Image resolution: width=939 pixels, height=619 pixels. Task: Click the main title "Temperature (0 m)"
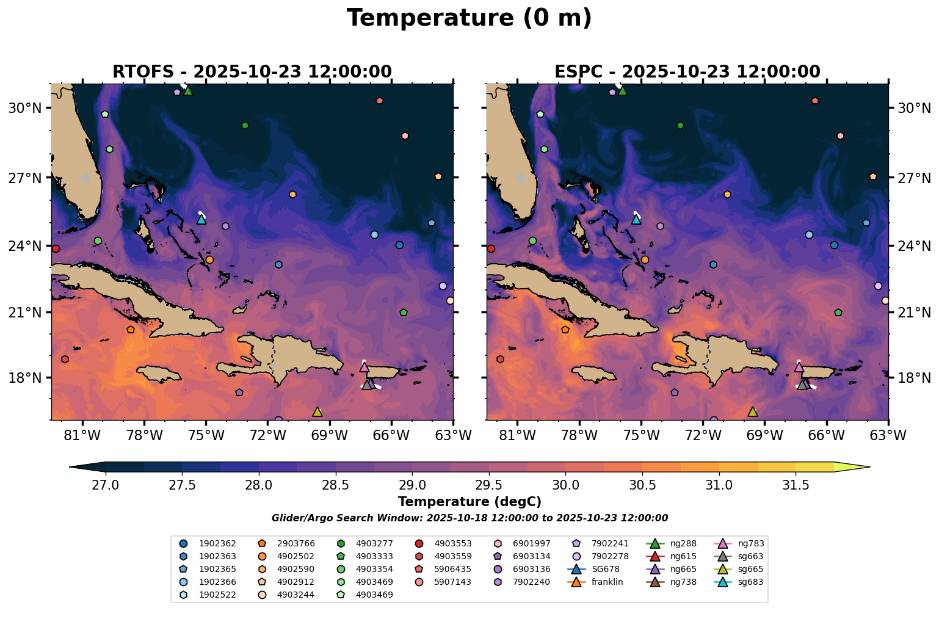469,18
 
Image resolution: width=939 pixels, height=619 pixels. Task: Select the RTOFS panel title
252,71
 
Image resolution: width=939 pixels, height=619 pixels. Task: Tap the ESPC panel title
687,71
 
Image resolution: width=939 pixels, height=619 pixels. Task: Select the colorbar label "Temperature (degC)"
469,502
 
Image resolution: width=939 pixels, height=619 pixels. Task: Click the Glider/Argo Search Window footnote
469,518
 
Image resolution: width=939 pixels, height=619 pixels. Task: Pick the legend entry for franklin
607,582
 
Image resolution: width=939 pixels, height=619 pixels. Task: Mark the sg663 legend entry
750,556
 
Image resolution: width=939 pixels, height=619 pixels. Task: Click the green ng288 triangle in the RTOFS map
188,91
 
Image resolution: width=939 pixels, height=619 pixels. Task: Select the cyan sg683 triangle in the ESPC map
636,219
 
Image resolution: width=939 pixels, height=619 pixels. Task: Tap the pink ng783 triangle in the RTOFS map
364,367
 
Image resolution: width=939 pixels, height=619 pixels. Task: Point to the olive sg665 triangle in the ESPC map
752,412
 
